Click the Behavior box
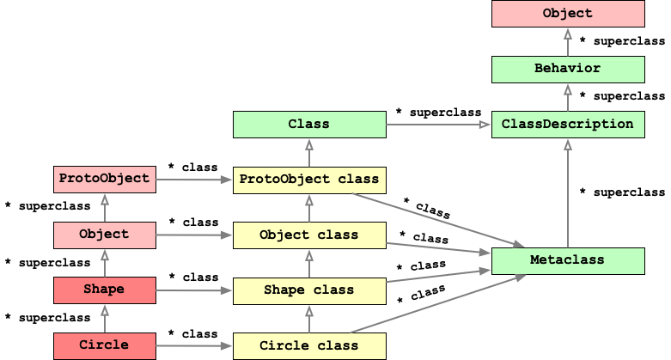pos(568,70)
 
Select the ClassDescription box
pos(568,125)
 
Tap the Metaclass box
pos(568,260)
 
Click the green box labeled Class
pos(309,125)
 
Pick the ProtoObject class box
pos(309,180)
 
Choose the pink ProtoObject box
pos(105,180)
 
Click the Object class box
pos(309,235)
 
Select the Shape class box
pos(309,290)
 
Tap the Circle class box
pos(309,346)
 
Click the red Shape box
pos(105,290)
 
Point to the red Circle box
pos(105,345)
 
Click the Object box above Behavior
pos(568,14)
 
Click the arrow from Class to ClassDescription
pos(438,125)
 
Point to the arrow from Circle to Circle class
pos(194,346)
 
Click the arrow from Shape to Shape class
pos(194,290)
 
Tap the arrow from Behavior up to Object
pos(568,42)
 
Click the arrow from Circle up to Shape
pos(105,318)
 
